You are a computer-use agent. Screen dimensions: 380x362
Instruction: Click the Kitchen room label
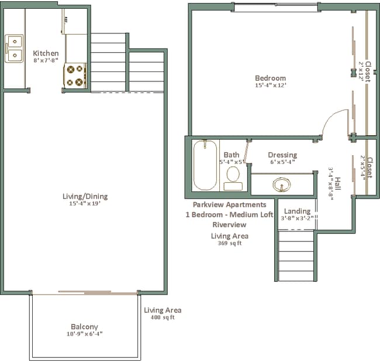click(x=46, y=53)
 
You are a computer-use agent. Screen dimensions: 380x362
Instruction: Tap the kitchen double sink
click(x=14, y=49)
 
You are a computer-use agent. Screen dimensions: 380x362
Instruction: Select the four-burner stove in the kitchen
click(x=75, y=76)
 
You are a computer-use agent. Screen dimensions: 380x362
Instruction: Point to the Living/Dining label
click(x=85, y=196)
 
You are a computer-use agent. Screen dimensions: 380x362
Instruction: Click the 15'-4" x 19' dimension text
click(x=85, y=203)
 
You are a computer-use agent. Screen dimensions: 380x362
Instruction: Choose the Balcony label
click(x=84, y=327)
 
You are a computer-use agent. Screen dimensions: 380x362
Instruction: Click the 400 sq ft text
click(x=163, y=317)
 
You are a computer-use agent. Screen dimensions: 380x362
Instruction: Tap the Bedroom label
click(x=271, y=78)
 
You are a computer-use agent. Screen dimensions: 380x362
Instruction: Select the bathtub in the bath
click(x=205, y=165)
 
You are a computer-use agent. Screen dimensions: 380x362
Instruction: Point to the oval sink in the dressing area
click(x=282, y=185)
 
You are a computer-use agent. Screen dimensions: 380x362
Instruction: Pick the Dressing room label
click(x=282, y=155)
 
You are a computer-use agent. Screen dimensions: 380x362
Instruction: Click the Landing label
click(x=297, y=211)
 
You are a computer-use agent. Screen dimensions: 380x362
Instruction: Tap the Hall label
click(x=338, y=184)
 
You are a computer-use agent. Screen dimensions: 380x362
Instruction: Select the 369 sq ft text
click(x=230, y=243)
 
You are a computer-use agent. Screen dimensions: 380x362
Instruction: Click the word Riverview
click(x=229, y=224)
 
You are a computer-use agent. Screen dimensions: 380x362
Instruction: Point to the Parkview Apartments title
click(x=230, y=204)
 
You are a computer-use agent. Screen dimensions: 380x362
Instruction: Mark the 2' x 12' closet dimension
click(x=361, y=71)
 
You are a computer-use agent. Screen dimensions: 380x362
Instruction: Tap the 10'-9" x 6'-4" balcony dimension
click(x=85, y=334)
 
